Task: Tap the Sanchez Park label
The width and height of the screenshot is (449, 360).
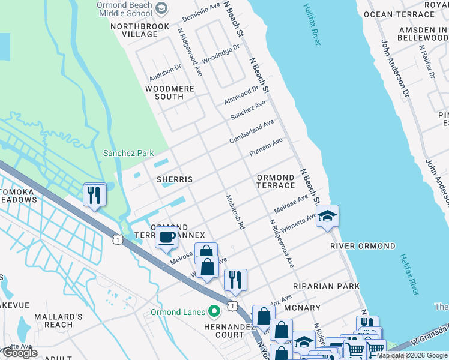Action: [x=128, y=153]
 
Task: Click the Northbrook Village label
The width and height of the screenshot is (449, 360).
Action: [x=134, y=30]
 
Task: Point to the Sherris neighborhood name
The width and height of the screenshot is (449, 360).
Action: [x=175, y=179]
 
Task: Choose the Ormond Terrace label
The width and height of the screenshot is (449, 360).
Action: [x=276, y=182]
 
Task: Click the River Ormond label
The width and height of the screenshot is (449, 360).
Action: [x=363, y=246]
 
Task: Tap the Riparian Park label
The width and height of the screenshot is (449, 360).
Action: [x=326, y=287]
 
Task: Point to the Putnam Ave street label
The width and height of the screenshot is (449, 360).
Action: [x=265, y=148]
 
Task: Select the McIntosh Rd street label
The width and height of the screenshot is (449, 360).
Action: [x=235, y=212]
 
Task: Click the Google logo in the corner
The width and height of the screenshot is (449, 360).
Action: [x=20, y=353]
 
